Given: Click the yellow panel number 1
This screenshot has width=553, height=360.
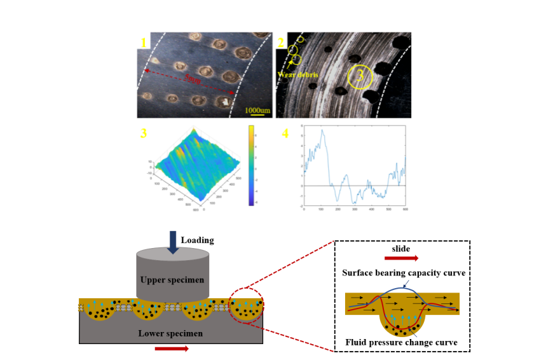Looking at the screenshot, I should coord(144,43).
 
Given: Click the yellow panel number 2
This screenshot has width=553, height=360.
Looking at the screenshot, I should coord(281,43).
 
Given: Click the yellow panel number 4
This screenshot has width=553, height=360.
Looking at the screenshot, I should coord(285,134).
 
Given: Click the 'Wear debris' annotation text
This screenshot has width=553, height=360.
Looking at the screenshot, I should coord(297,73).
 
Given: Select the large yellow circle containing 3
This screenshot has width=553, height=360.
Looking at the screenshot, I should coord(360,77).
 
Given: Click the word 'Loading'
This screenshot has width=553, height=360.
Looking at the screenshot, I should coord(197,240).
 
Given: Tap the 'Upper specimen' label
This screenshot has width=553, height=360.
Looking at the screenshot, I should coord(172,280).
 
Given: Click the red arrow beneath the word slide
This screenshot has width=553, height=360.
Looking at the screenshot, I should coord(400,258).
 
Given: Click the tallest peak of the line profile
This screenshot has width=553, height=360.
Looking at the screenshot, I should coord(322,130).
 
